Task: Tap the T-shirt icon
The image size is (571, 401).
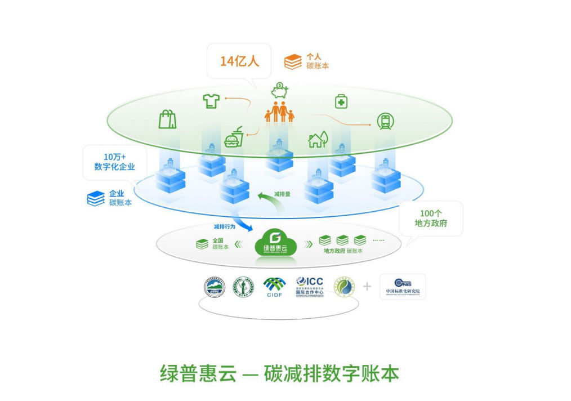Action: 211,101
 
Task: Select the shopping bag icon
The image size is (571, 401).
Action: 167,119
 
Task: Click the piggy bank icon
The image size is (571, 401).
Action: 279,91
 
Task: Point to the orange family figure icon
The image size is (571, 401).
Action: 279,112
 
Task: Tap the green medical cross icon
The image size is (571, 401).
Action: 341,101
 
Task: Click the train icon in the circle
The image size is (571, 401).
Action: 386,121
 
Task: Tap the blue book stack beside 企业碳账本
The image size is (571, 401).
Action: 96,198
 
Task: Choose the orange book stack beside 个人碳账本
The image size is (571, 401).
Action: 293,61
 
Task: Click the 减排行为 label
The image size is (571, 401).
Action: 224,226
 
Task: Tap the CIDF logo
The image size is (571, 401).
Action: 274,287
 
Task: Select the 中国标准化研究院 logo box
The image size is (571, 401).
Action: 403,287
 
